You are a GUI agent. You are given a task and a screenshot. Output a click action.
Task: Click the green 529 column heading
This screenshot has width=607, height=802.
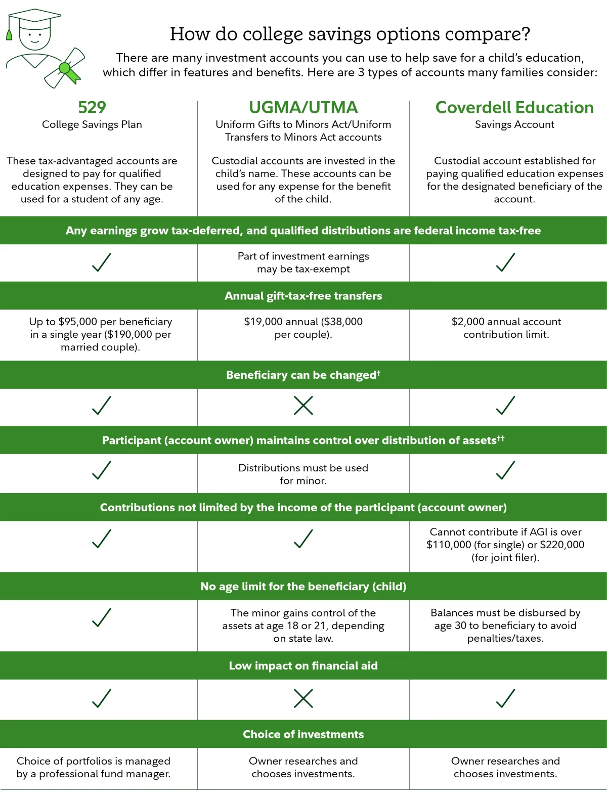92,107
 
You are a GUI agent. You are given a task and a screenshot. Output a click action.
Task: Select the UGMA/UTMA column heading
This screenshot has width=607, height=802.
303,107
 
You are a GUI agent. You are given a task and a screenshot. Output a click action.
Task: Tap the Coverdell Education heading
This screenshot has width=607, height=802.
514,107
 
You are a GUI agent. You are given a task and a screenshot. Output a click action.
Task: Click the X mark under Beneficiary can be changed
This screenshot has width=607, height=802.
303,406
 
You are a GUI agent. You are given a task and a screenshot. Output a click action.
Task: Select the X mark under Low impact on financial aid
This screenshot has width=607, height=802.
303,698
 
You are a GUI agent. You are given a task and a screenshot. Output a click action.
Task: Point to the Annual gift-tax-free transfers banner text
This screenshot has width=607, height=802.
303,296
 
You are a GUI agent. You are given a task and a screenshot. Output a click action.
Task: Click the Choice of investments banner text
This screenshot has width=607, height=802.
303,734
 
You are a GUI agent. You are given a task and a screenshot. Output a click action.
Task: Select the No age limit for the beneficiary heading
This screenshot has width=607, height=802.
303,587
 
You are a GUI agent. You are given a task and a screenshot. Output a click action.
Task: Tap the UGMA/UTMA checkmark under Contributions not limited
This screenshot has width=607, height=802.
303,539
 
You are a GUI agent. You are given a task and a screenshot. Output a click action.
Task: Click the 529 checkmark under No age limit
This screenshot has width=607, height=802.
102,617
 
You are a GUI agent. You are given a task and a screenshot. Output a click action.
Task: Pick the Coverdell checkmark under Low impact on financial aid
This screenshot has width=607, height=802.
505,698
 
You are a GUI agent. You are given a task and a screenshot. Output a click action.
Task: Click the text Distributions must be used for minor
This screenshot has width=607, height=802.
303,474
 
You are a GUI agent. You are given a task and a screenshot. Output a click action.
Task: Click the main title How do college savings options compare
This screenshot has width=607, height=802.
350,34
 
